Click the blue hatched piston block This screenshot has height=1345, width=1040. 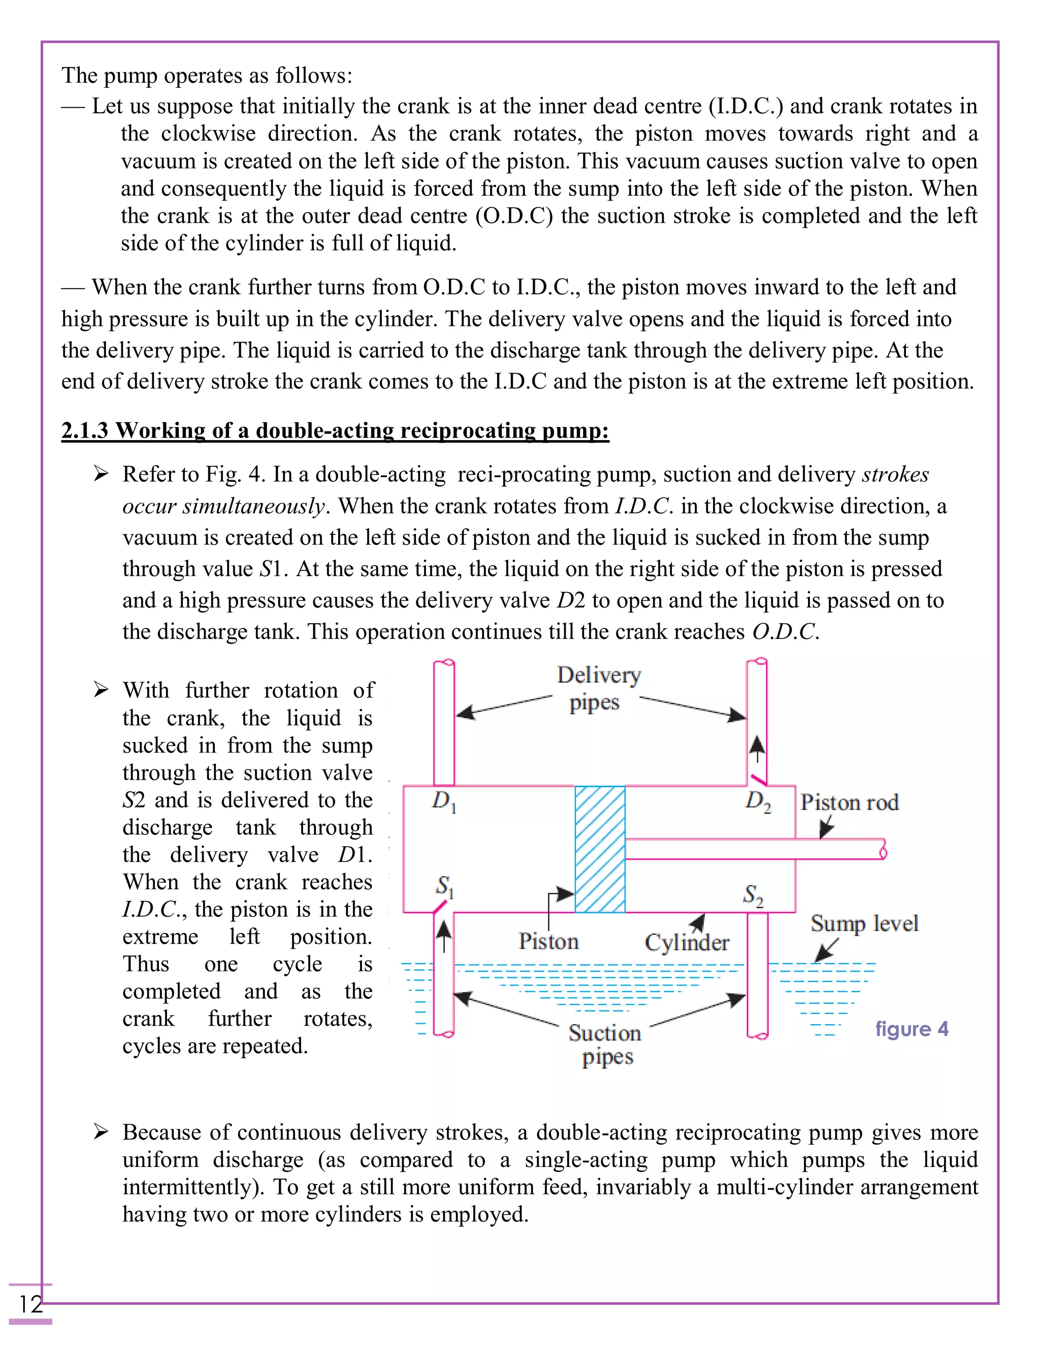click(600, 849)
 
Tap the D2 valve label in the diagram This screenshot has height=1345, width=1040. click(757, 801)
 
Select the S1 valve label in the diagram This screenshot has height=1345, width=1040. click(444, 887)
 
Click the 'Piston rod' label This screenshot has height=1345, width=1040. click(849, 802)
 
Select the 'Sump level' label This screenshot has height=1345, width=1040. click(864, 923)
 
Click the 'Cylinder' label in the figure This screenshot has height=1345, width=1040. click(687, 942)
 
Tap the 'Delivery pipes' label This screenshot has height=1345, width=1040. click(598, 689)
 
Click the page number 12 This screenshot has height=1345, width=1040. click(30, 1304)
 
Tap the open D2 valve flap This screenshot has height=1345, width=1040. click(759, 779)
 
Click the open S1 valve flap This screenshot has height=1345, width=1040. click(439, 907)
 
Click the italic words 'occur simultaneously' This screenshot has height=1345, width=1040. click(223, 506)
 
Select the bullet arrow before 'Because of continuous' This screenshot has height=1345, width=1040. click(101, 1132)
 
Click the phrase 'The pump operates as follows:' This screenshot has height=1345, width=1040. click(207, 76)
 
